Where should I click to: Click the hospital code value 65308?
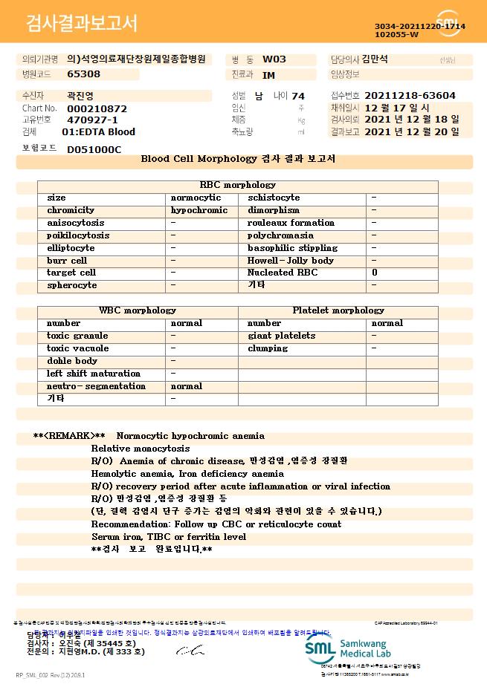[x=83, y=74]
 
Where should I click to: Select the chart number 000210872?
[x=97, y=108]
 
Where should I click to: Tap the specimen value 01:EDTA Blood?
[x=98, y=131]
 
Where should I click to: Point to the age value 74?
[x=298, y=96]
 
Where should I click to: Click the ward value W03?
[x=274, y=59]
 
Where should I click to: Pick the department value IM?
[x=268, y=74]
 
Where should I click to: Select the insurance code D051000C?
[x=94, y=149]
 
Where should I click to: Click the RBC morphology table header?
[x=238, y=185]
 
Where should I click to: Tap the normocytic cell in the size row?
[x=196, y=198]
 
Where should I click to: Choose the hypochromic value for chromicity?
[x=199, y=210]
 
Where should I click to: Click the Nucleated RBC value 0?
[x=375, y=273]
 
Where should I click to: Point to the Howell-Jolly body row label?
[x=291, y=261]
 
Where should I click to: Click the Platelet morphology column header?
[x=338, y=310]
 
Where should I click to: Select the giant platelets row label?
[x=281, y=336]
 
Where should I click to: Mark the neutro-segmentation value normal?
[x=187, y=386]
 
